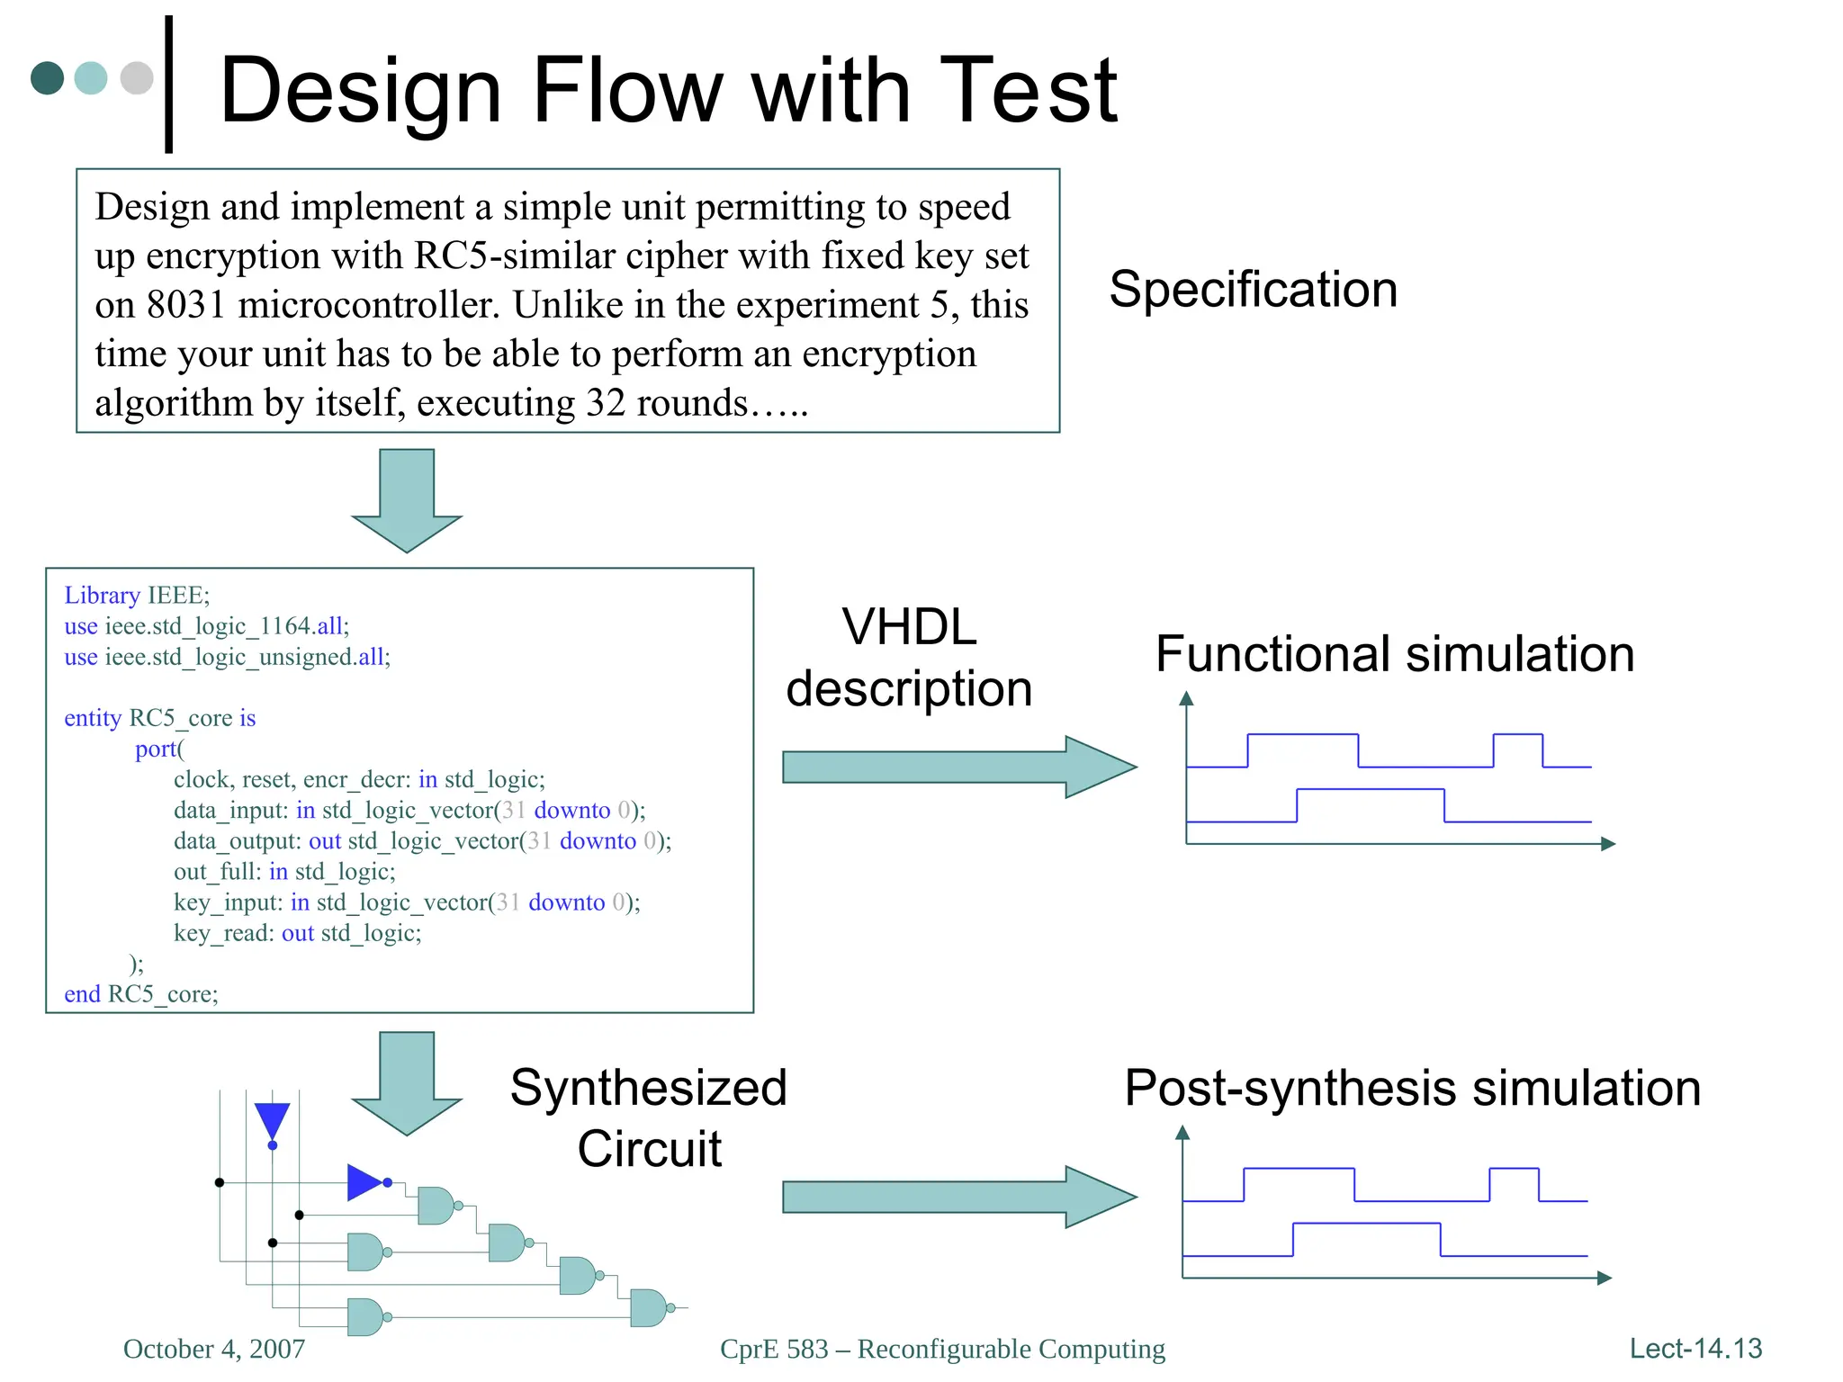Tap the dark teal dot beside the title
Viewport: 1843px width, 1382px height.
48,78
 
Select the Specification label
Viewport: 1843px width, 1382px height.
1253,290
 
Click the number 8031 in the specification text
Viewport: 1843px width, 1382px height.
185,305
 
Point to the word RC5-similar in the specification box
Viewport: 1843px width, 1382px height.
512,256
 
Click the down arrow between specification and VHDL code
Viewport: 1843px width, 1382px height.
407,500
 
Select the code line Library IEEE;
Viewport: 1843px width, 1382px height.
137,596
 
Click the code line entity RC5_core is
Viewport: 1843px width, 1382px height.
160,718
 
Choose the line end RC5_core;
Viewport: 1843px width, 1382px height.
141,994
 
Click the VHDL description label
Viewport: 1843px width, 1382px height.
909,658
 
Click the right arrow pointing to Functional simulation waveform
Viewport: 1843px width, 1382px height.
958,767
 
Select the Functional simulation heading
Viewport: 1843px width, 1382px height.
1394,654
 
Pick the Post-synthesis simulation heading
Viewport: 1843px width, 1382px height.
1412,1089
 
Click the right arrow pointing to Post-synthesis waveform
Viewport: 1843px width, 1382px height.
958,1198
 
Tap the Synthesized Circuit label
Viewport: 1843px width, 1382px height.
649,1118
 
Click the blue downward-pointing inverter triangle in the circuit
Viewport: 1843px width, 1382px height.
272,1121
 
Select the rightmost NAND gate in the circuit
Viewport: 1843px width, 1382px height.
648,1307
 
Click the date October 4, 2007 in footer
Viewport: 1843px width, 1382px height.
214,1349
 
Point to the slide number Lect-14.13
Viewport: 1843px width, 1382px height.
1695,1349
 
